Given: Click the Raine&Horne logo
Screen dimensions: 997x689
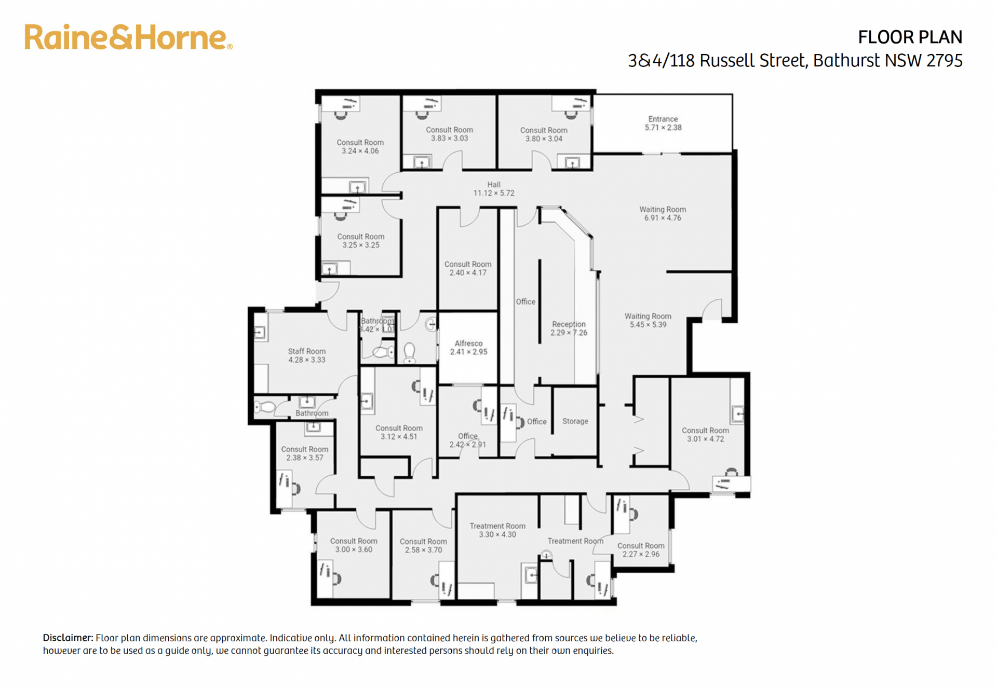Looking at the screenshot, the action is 128,37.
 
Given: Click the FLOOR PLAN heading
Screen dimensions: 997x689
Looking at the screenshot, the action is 910,37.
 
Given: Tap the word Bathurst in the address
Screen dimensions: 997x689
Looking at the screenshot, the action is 846,61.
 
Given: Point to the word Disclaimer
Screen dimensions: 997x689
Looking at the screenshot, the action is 68,638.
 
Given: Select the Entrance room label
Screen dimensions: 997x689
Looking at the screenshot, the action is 663,123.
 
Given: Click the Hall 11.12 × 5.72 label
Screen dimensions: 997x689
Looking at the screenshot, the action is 494,189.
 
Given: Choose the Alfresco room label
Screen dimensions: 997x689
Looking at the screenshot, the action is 468,348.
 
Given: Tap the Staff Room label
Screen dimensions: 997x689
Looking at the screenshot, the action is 307,355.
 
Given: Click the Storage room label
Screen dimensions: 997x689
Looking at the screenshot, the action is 575,421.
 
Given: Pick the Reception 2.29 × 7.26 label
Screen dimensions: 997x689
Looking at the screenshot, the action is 569,328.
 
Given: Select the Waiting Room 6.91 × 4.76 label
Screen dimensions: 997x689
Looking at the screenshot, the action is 663,214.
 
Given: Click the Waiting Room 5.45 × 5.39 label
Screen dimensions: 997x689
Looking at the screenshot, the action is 648,321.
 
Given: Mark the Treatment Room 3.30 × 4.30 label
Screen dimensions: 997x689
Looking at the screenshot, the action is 497,530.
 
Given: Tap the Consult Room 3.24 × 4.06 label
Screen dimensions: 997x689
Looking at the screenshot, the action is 360,147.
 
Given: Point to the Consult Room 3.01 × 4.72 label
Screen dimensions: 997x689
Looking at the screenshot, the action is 705,435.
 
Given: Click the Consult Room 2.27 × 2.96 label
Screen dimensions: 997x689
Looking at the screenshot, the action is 641,550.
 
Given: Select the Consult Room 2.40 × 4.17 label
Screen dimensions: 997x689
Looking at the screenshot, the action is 468,269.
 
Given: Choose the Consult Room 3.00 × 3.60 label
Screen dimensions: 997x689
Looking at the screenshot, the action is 354,545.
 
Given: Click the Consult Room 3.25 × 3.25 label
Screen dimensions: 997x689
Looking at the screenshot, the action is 361,241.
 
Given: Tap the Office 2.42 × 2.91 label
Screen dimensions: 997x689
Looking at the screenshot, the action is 468,440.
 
